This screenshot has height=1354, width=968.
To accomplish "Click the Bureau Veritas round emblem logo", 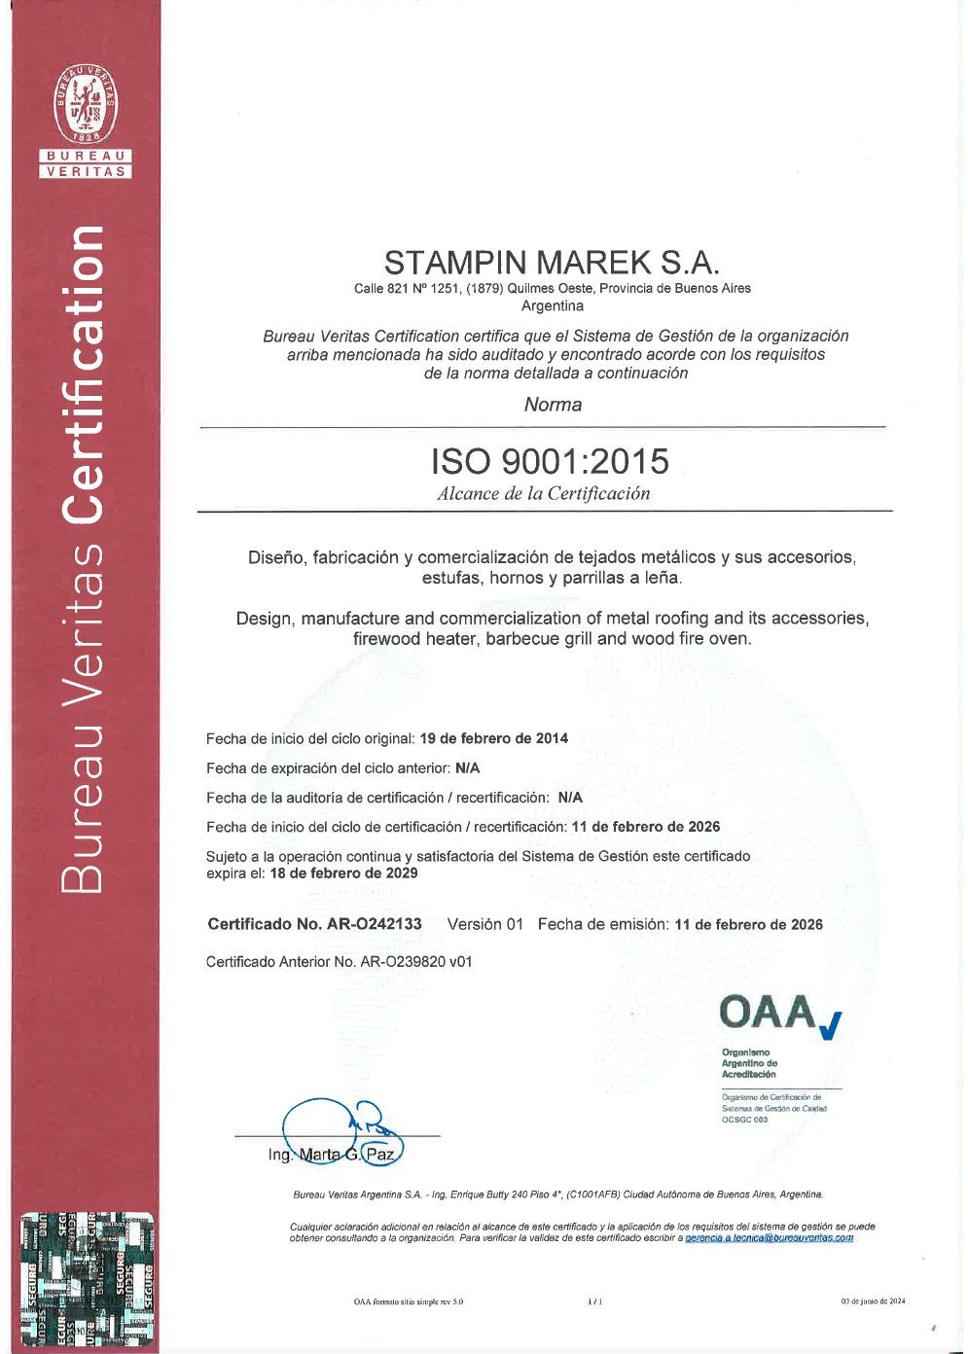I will (x=86, y=105).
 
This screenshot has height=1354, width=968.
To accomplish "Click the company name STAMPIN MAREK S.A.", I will (x=552, y=263).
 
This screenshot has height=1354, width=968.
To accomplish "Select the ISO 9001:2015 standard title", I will (x=550, y=461).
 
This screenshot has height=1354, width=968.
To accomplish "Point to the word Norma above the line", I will (x=553, y=405).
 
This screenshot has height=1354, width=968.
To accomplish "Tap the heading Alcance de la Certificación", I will (x=544, y=493).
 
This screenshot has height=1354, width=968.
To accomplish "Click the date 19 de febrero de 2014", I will (x=493, y=738).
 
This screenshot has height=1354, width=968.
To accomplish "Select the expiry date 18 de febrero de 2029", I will (x=343, y=873).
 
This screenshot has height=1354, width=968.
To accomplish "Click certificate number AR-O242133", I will (x=374, y=924).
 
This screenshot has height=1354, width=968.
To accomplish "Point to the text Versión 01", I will (x=484, y=924).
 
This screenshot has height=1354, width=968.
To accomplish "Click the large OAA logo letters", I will (x=769, y=1013).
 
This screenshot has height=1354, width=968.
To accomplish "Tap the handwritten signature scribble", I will (x=341, y=1128).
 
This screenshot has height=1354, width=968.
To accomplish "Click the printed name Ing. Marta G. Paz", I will (x=332, y=1155).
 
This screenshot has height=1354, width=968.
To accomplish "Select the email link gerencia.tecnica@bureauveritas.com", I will (x=769, y=1238).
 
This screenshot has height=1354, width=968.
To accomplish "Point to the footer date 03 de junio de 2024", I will (x=873, y=1301).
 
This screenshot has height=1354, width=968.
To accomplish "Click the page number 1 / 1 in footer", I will (x=594, y=1301).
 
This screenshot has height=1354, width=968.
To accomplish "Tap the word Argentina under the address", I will (x=553, y=306).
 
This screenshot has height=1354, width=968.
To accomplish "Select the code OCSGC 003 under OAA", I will (x=744, y=1120).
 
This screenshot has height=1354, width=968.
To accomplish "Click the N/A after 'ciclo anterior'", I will (x=467, y=768).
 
